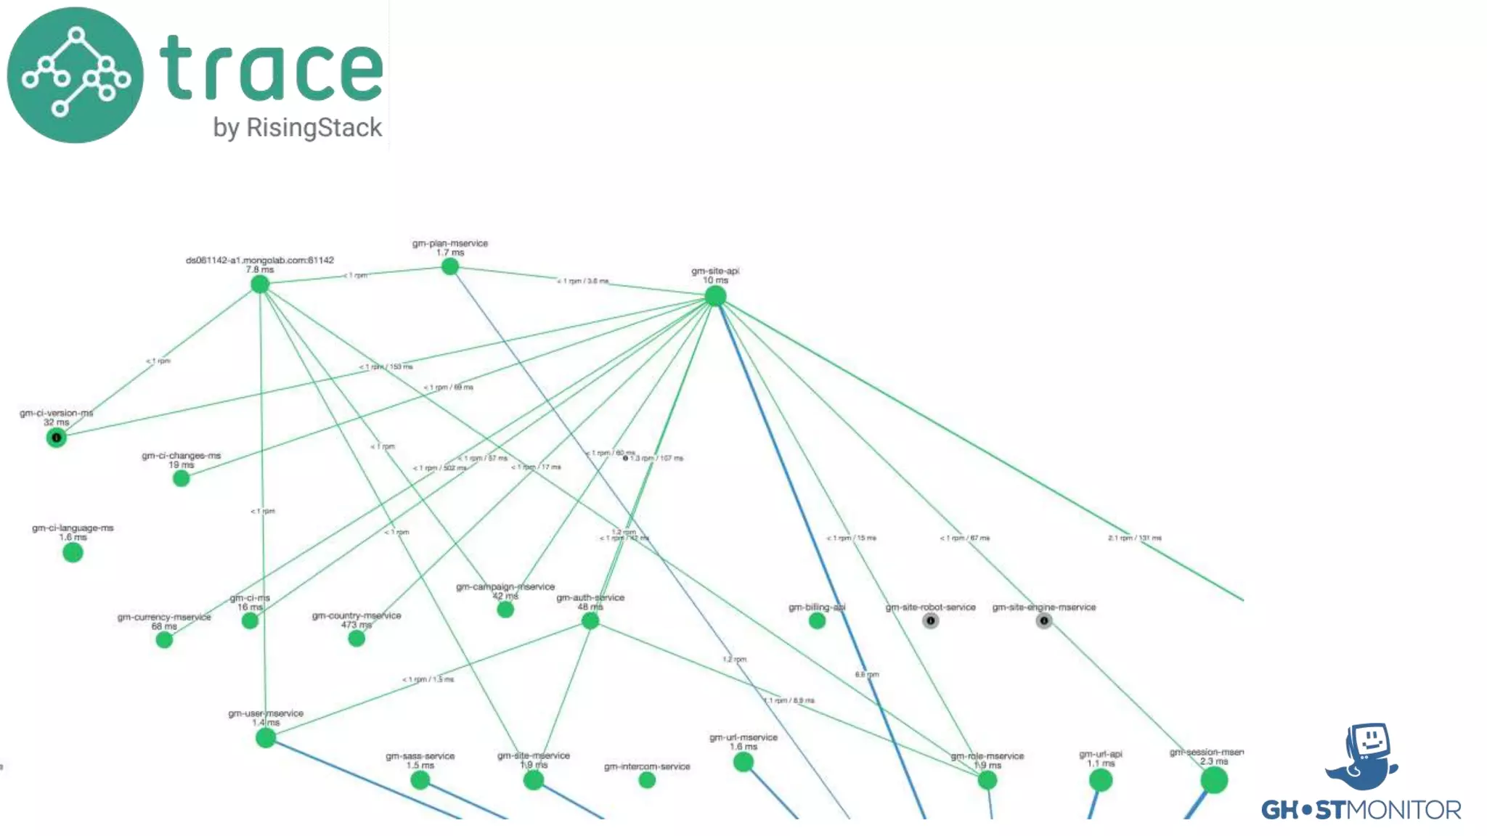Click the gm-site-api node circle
(x=715, y=295)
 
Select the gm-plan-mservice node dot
(x=450, y=266)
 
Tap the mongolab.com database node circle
(x=260, y=284)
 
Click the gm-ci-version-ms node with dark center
(x=56, y=438)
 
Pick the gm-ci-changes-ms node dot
(x=182, y=478)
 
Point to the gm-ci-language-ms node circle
(x=73, y=552)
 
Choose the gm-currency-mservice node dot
(x=165, y=639)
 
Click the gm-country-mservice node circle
(x=357, y=638)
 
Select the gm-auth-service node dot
(x=590, y=620)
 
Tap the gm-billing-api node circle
(x=817, y=620)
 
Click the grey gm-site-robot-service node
(x=930, y=620)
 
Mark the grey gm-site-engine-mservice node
(x=1043, y=620)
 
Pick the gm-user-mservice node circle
(x=266, y=738)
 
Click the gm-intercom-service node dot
(x=647, y=779)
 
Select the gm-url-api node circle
(x=1101, y=780)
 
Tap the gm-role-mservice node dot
(x=987, y=780)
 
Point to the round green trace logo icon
(x=76, y=75)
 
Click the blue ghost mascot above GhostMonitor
(x=1363, y=756)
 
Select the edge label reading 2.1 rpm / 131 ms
(x=1134, y=538)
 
